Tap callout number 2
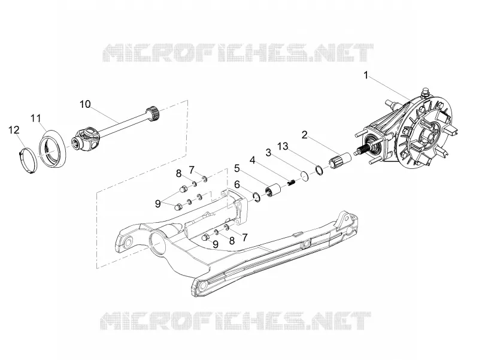[304, 135]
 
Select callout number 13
[283, 146]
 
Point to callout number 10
[85, 104]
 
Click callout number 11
[36, 118]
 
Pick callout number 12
[14, 130]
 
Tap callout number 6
[238, 184]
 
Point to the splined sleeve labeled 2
[339, 159]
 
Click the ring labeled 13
[319, 170]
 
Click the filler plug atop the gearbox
[425, 91]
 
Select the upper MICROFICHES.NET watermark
[239, 53]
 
